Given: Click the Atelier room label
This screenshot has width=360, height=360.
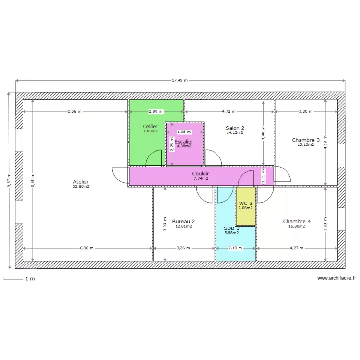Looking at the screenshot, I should [x=81, y=182].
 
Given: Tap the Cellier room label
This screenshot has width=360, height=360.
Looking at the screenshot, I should [x=150, y=127].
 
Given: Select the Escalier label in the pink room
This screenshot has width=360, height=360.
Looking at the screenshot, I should [x=184, y=142].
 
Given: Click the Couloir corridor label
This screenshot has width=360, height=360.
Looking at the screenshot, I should [x=200, y=173].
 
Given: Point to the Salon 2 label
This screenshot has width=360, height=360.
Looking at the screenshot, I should [x=235, y=128].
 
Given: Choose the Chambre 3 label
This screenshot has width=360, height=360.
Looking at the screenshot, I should [x=306, y=140].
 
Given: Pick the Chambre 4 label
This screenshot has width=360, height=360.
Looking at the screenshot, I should [x=297, y=221].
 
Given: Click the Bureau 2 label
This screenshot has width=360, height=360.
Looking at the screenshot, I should [x=183, y=221].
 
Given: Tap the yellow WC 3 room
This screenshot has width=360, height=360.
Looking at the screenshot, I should [x=245, y=205].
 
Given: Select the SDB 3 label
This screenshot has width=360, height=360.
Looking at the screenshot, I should [x=231, y=228].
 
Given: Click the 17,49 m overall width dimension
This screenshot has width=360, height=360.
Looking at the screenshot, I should [x=180, y=80].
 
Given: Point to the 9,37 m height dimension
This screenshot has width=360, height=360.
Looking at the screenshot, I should [x=9, y=180].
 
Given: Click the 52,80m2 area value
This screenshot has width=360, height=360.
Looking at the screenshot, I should [x=81, y=187].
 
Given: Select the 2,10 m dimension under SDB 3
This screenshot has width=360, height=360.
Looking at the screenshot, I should [x=235, y=248].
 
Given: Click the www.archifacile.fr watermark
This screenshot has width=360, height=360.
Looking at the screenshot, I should [x=336, y=278].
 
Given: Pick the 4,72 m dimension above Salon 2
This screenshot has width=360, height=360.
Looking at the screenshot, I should [x=228, y=111].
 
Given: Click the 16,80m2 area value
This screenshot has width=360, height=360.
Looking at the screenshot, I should [x=297, y=226].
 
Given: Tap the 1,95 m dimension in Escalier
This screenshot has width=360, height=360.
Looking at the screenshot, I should [x=184, y=132].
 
